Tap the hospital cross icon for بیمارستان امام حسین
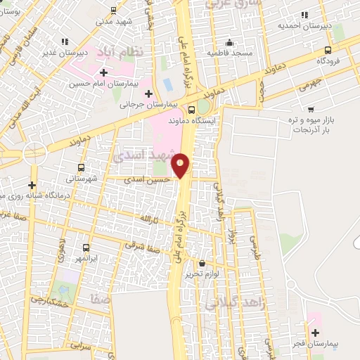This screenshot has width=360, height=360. pos(104,72)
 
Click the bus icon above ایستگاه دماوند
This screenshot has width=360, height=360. pos(192,109)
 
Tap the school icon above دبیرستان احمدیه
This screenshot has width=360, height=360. pos(304,15)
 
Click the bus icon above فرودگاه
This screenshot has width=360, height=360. pos(328,50)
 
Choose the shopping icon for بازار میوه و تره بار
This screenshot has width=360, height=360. pos(314,109)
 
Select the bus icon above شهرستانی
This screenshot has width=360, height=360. pos(82,168)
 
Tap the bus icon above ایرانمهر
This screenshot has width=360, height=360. pos(86,247)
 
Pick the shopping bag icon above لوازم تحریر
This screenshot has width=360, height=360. pos(202,262)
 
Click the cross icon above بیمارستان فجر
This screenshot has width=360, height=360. pos(314,332)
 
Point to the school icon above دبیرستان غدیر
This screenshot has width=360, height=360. pos(65,41)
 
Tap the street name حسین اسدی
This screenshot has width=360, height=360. pos(147,180)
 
